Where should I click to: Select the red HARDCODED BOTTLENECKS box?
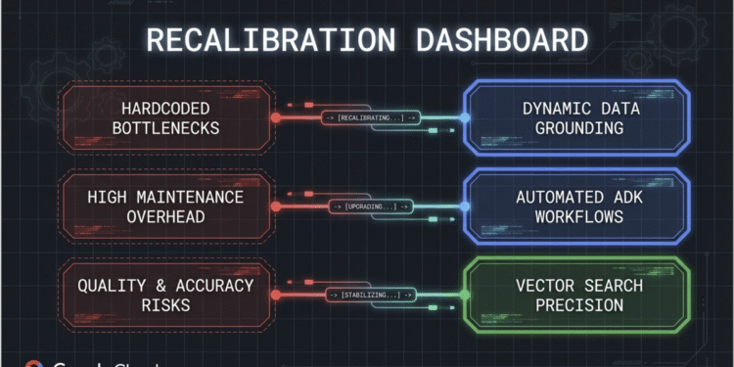[x=165, y=117]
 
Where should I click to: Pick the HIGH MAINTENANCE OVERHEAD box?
[x=163, y=206]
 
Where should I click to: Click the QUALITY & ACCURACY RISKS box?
[x=164, y=295]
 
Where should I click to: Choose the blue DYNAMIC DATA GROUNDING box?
[x=576, y=117]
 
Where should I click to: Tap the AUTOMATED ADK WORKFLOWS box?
[x=576, y=206]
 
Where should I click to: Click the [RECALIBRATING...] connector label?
[x=371, y=117]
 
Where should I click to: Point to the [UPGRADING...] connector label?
[x=371, y=206]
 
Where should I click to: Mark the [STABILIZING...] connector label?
[x=371, y=295]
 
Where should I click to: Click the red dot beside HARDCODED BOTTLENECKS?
[x=275, y=117]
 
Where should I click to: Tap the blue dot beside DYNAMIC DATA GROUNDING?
[x=466, y=117]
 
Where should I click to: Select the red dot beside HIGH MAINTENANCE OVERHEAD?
[x=275, y=206]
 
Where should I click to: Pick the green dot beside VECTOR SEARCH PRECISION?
[x=466, y=295]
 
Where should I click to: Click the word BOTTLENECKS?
[x=163, y=128]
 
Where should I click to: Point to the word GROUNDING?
[x=576, y=128]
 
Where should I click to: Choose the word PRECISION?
[x=576, y=305]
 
